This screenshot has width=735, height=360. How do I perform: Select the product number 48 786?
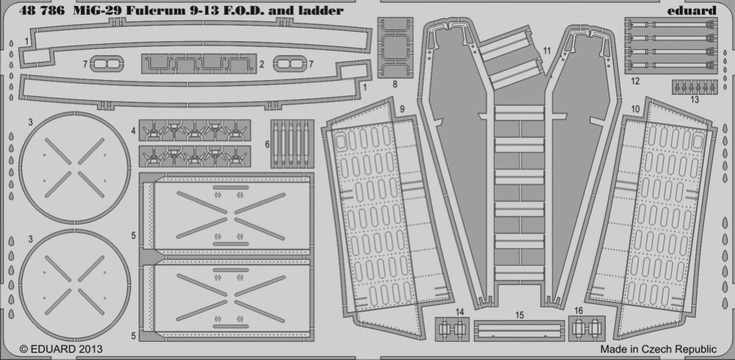[42, 10]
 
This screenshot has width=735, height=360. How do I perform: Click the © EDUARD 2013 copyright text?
[61, 349]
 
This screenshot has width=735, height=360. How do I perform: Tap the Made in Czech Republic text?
[658, 349]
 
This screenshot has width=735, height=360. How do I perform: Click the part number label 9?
[402, 109]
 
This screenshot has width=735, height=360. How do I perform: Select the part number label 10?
[635, 109]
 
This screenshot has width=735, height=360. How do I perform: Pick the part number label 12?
[635, 81]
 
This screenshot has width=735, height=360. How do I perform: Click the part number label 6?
[268, 145]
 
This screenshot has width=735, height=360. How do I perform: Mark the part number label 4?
[134, 132]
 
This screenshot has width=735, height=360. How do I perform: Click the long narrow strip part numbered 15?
[520, 331]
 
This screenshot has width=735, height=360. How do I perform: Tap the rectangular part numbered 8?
[395, 47]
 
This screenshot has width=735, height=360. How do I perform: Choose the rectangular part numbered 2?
[198, 64]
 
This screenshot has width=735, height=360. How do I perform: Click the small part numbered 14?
[452, 329]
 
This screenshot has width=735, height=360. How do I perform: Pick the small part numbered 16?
[587, 328]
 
